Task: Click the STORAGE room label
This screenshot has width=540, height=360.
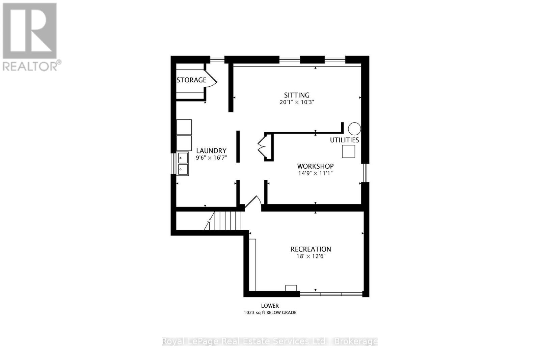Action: point(191,80)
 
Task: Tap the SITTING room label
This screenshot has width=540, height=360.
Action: point(297,95)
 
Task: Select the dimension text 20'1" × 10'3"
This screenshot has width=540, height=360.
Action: point(297,102)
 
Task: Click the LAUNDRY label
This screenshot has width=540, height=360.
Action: point(211,151)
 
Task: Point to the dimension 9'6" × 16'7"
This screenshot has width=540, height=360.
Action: point(211,158)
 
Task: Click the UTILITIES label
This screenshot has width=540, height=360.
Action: point(344,140)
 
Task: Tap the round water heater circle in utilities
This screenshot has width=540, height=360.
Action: point(354,129)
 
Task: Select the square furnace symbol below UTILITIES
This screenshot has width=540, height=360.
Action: point(348,151)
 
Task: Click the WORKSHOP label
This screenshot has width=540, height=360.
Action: point(315,166)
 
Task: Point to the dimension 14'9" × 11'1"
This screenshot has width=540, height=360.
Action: point(315,173)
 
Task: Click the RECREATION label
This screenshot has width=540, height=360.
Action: point(311,249)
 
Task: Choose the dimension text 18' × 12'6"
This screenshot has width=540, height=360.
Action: point(311,256)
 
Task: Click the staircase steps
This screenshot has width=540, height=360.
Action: point(228,221)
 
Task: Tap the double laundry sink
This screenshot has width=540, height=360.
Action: point(183,164)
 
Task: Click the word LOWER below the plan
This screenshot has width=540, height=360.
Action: point(270,306)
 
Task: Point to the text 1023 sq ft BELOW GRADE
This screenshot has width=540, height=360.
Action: point(270,313)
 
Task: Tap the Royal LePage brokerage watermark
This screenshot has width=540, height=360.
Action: point(270,341)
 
